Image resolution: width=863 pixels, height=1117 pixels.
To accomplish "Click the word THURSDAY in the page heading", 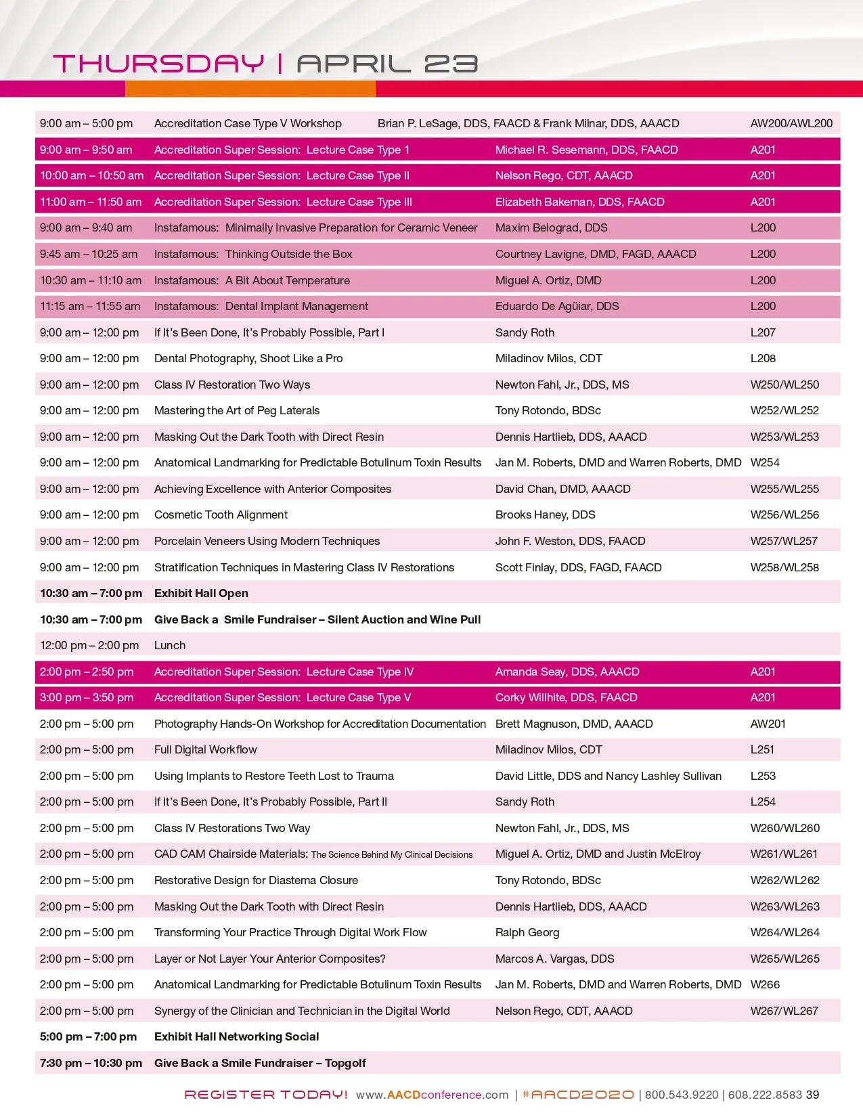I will [x=158, y=64].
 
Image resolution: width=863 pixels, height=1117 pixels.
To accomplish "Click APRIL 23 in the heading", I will [x=387, y=64].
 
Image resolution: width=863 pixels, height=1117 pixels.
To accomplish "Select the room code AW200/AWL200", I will [x=791, y=123].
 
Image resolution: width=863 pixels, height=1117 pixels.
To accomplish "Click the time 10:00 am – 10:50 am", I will [x=91, y=175].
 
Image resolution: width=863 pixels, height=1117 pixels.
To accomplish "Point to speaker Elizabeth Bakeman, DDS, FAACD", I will [x=579, y=202].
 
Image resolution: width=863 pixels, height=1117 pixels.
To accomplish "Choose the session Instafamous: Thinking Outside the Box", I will [x=253, y=254].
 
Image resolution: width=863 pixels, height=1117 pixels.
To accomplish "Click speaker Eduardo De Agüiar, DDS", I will [x=557, y=306].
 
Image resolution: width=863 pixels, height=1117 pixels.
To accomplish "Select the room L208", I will [x=763, y=358].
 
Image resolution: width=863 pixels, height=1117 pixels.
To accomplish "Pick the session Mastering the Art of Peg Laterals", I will [x=237, y=410].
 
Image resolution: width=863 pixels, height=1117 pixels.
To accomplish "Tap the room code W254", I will [x=765, y=462].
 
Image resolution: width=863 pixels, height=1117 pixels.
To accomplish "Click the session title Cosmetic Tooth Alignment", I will [x=221, y=514].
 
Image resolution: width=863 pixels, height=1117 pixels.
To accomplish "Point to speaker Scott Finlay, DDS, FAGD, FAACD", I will [x=578, y=567].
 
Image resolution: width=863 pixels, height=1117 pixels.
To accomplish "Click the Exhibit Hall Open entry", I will [x=201, y=593].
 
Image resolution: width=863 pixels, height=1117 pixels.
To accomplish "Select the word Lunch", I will [x=170, y=645].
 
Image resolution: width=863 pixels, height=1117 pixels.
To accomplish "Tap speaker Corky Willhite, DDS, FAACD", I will [x=566, y=697].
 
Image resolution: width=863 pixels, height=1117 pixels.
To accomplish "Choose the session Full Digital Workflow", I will [x=206, y=749].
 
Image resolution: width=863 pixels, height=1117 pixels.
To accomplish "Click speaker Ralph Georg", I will [x=527, y=932].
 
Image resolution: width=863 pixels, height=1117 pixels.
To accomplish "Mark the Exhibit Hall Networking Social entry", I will [x=236, y=1036].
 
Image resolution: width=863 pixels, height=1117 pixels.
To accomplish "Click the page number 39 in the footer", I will [x=812, y=1095].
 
